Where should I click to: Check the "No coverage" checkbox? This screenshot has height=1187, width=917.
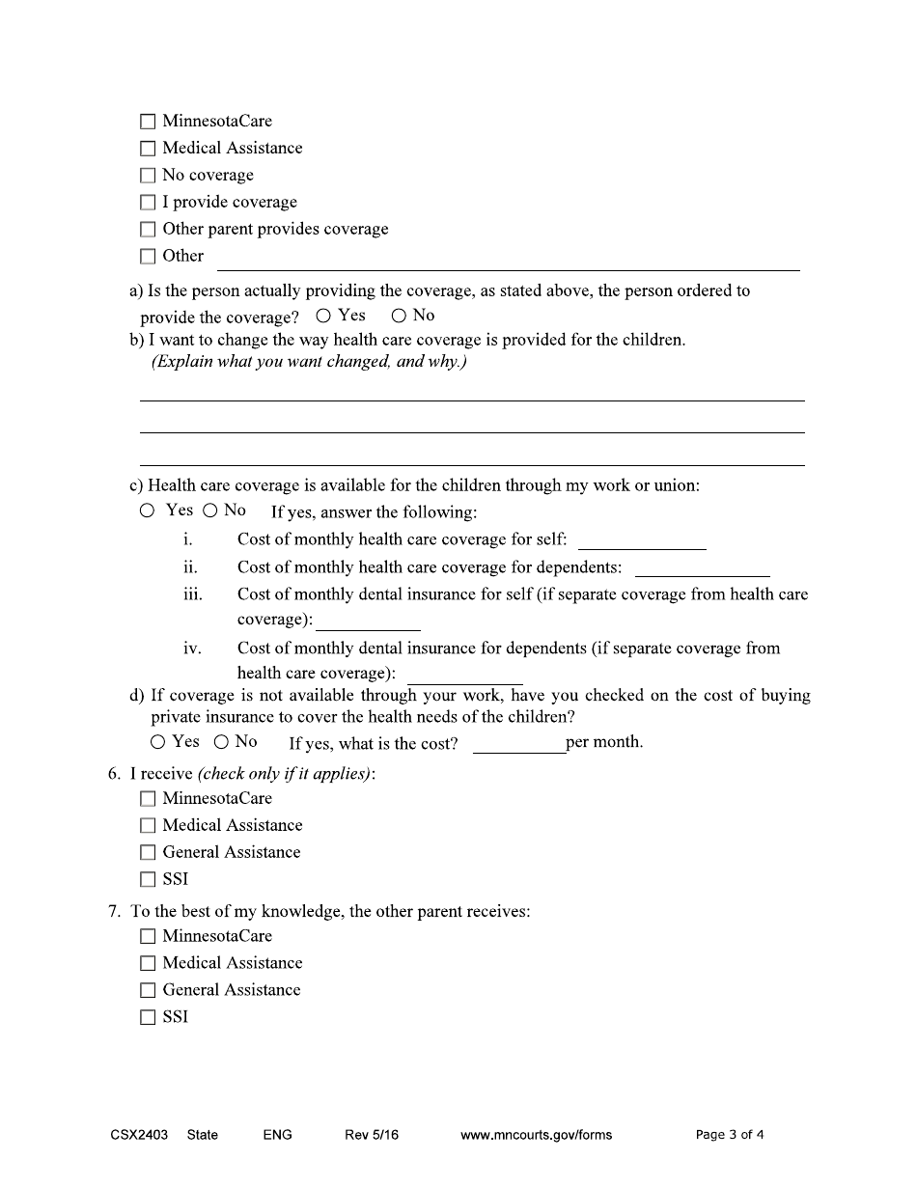pos(147,176)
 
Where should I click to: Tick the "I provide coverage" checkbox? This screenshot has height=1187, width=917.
pos(147,203)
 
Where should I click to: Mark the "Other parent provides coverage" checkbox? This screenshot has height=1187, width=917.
pos(147,230)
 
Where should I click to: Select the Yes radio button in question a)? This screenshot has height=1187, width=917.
pos(323,316)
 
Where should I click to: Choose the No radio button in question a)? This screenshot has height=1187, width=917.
pos(399,316)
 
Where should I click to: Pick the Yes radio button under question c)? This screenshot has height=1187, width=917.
pos(147,511)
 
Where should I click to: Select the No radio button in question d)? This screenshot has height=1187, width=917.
pos(221,742)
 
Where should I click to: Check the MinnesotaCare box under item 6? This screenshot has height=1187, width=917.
pos(147,799)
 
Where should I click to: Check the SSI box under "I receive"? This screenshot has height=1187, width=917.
pos(147,880)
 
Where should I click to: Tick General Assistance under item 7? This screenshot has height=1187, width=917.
pos(147,990)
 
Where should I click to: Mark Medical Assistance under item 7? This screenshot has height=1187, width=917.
pos(147,963)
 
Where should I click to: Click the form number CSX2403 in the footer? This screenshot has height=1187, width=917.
pos(139,1135)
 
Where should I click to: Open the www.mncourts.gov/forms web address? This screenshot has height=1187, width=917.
pos(536,1135)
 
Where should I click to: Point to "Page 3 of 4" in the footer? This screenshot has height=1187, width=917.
pos(729,1135)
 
